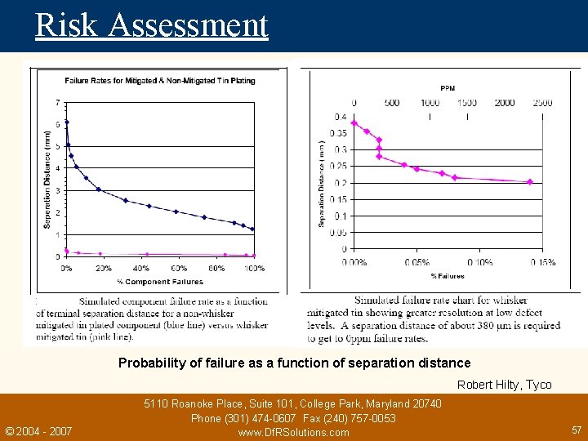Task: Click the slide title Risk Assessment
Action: (x=151, y=24)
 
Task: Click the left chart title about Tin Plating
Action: (x=160, y=80)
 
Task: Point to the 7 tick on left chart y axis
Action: (x=56, y=103)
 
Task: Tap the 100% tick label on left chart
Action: (x=254, y=269)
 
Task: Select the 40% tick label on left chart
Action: (x=141, y=269)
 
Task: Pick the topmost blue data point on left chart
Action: (x=66, y=122)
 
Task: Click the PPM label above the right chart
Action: (x=448, y=88)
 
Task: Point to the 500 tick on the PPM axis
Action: (x=391, y=103)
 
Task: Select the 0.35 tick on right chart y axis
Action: (x=337, y=133)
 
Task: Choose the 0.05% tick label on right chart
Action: (x=417, y=262)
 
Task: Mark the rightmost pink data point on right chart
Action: (x=530, y=182)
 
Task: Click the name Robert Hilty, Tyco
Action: (x=504, y=385)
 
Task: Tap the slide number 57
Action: (x=576, y=429)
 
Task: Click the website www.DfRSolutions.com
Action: (x=293, y=432)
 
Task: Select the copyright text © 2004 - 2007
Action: (x=38, y=431)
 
